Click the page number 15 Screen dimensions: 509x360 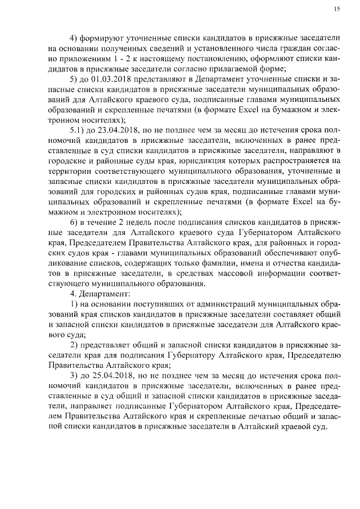coord(337,9)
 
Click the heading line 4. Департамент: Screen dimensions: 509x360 coord(98,294)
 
